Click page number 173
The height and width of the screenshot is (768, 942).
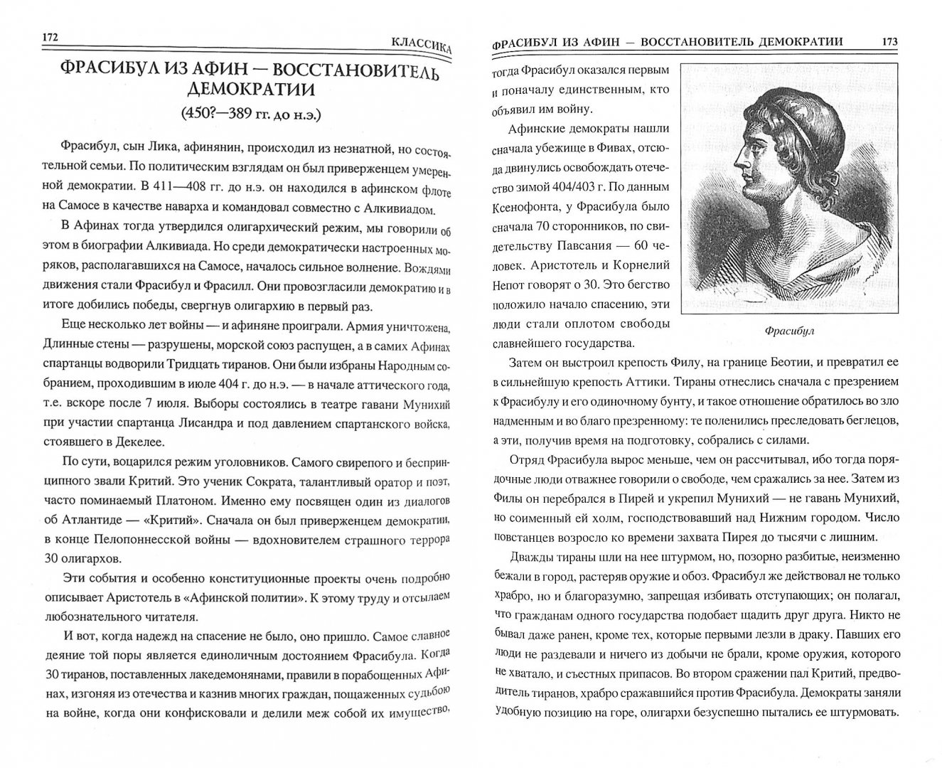889,41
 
